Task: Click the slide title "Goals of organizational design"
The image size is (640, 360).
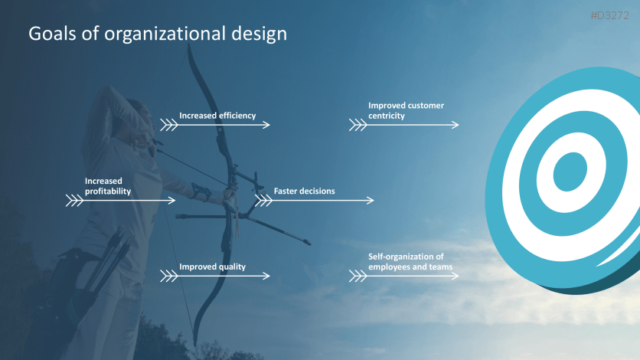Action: point(158,34)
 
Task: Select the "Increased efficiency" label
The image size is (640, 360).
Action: point(217,116)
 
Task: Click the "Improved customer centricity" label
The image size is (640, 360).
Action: point(406,110)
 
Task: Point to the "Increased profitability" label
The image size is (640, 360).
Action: point(107,186)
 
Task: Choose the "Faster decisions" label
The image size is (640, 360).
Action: point(304,191)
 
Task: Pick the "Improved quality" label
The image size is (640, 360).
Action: point(212,267)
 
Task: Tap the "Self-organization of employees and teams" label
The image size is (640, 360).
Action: point(410,262)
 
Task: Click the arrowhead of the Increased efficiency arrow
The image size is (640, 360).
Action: point(267,124)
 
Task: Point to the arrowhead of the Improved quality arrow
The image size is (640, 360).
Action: point(267,276)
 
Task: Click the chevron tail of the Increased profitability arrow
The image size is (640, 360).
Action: point(74,200)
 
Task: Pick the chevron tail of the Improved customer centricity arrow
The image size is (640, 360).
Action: point(358,124)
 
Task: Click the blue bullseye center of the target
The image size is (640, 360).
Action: point(569,171)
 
